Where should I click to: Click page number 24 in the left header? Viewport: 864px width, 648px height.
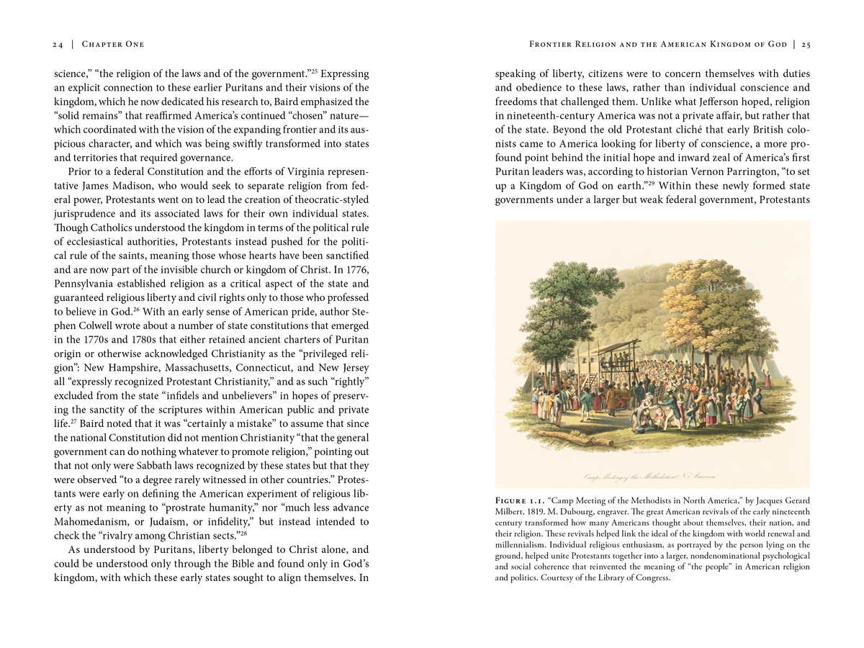coord(58,45)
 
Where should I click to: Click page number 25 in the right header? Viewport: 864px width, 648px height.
coord(806,45)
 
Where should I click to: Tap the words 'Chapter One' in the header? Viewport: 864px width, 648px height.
coord(113,45)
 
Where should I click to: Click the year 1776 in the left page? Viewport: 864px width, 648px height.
coord(356,269)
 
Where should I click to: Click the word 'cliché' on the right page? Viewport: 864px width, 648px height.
coord(693,130)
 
